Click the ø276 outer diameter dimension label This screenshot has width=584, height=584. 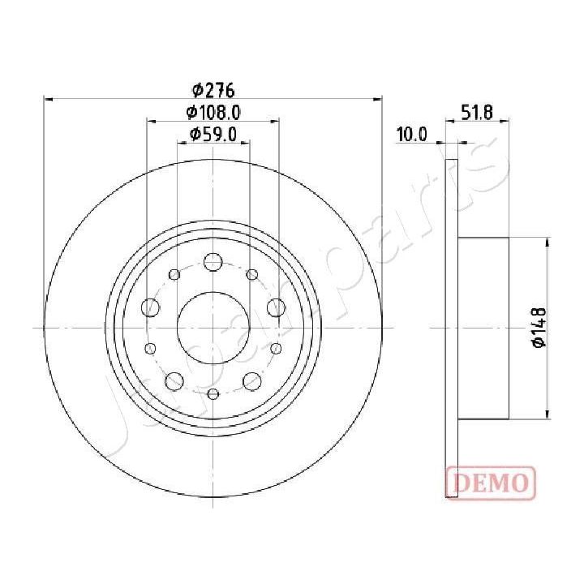pos(213,90)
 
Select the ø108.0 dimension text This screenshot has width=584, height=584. pos(213,113)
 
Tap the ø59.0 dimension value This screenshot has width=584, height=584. pos(213,135)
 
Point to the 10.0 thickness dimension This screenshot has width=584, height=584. pos(412,135)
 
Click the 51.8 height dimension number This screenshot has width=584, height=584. pos(478,113)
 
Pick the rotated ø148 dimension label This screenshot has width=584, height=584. pos(538,328)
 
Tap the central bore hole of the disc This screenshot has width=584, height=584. pos(213,327)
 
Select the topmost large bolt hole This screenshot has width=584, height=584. pos(213,262)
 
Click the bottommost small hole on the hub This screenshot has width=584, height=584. pos(213,394)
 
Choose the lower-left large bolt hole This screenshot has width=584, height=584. pos(174,380)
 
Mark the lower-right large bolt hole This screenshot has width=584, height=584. pos(251,380)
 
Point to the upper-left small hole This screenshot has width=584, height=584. pos(174,273)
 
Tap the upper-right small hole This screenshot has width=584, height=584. pos(251,273)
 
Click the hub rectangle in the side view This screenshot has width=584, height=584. pos(483,328)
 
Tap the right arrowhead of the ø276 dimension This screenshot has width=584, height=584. pos(378,99)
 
